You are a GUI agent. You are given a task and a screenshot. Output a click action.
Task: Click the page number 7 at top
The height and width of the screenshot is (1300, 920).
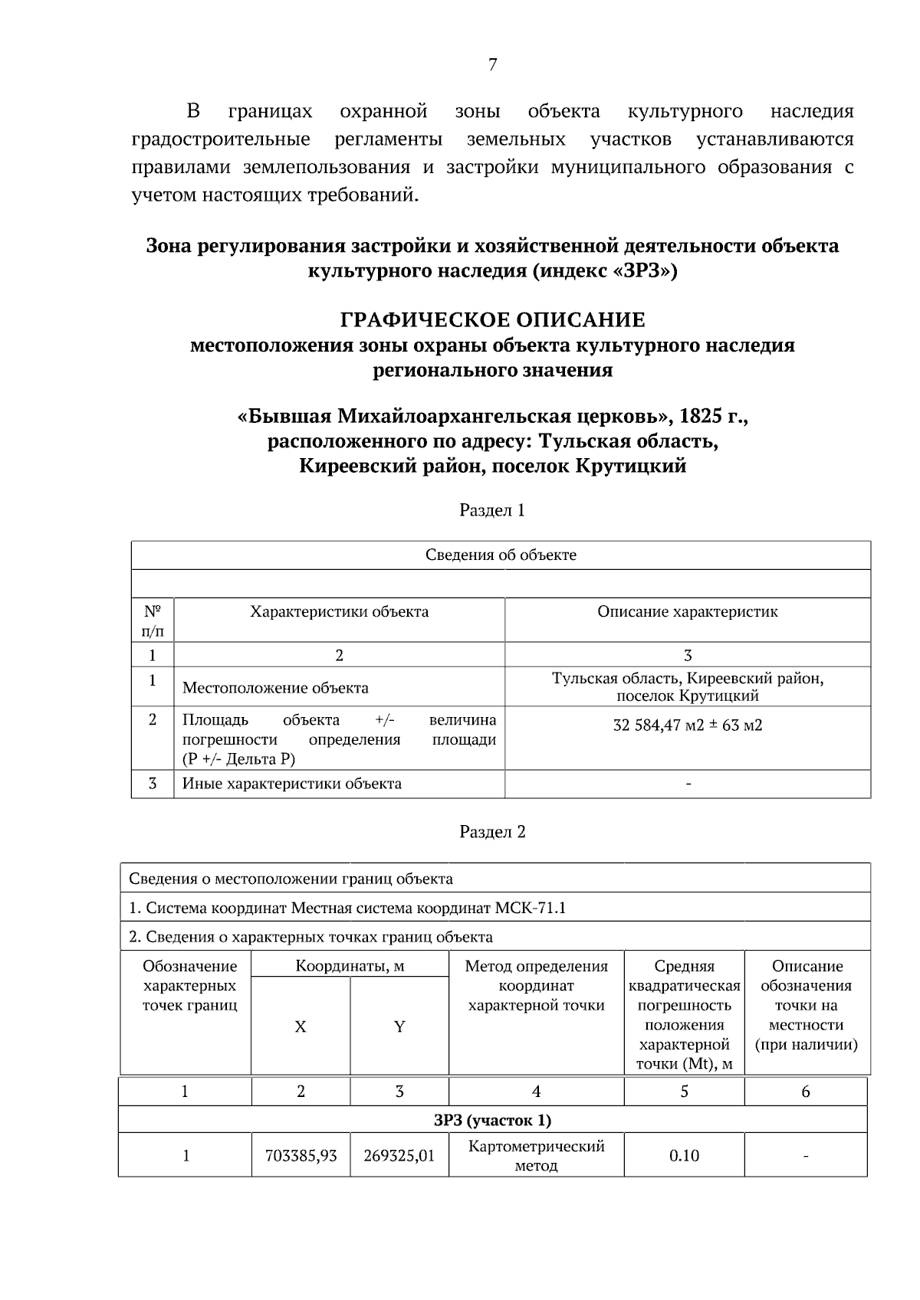(x=492, y=65)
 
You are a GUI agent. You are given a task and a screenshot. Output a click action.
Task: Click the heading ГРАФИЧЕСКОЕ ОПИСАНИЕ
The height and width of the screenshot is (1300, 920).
(x=492, y=319)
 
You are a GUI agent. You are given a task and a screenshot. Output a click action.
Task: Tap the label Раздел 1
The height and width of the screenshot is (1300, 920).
(x=492, y=510)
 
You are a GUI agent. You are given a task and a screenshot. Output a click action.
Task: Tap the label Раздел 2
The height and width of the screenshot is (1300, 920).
(x=492, y=832)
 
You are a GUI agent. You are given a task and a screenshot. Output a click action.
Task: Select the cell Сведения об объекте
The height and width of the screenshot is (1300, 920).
(x=501, y=555)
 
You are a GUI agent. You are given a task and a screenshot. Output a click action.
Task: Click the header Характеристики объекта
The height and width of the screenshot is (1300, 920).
(x=339, y=612)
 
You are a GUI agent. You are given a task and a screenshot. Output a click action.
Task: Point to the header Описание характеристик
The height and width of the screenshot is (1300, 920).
(x=687, y=612)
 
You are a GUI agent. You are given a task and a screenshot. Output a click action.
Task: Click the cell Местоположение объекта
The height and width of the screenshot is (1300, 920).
(x=275, y=688)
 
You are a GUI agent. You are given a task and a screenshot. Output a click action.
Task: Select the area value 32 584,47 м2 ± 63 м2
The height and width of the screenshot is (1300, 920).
(x=687, y=725)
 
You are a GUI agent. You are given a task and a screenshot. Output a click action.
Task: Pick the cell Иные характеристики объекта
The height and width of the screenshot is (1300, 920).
(x=291, y=784)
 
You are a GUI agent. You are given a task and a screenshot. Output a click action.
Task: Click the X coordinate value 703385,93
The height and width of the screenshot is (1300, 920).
(x=301, y=1156)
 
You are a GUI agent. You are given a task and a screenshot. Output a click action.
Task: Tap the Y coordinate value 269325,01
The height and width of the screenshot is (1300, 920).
(x=399, y=1156)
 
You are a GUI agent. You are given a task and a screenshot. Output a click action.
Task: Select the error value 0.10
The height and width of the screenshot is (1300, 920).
(x=684, y=1156)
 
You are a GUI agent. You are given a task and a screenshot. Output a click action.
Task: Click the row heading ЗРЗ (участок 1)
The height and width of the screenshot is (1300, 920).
(x=492, y=1121)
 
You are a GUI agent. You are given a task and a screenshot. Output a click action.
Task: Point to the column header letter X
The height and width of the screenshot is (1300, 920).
(x=301, y=1027)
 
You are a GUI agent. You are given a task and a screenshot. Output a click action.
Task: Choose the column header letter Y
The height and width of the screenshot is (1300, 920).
(x=399, y=1027)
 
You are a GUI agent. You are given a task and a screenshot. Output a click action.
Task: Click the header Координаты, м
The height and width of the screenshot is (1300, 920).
(x=350, y=967)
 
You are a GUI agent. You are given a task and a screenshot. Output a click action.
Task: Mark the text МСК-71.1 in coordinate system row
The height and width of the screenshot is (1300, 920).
(x=530, y=909)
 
